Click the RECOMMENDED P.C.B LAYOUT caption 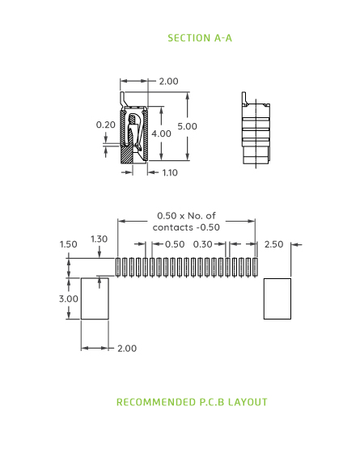[x=192, y=402]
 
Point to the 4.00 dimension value [x=161, y=133]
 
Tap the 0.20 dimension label [x=105, y=125]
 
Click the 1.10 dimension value [x=170, y=172]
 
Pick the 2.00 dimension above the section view [x=168, y=81]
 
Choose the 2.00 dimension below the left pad [x=126, y=348]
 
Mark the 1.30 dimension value [x=99, y=239]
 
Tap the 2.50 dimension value [x=274, y=243]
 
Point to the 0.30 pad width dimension [x=203, y=243]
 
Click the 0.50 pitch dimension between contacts [x=174, y=243]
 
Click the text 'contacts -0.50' [x=187, y=227]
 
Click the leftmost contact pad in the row [x=119, y=267]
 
